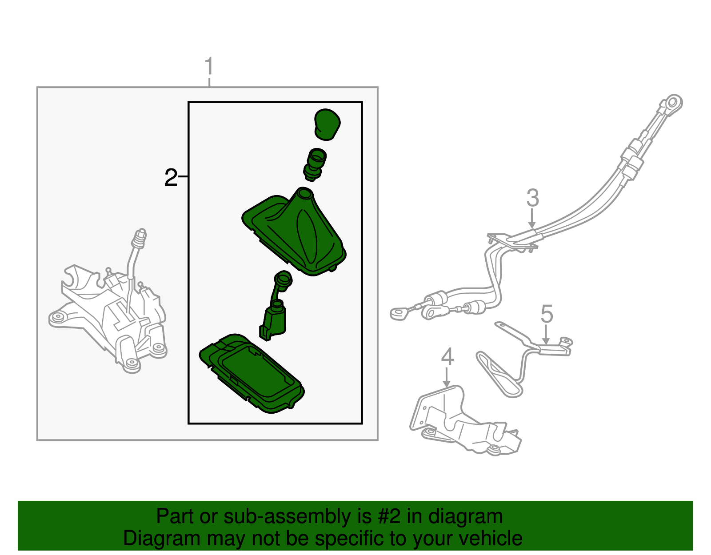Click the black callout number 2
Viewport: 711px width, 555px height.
[171, 178]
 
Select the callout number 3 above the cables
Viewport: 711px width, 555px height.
[532, 198]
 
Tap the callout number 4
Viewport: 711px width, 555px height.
[447, 357]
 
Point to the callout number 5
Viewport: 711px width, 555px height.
[547, 314]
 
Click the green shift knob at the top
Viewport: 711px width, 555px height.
[328, 124]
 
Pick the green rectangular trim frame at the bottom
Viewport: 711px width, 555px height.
[252, 373]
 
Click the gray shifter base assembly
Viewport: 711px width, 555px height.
[111, 320]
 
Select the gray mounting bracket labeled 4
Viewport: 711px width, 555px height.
[462, 422]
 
